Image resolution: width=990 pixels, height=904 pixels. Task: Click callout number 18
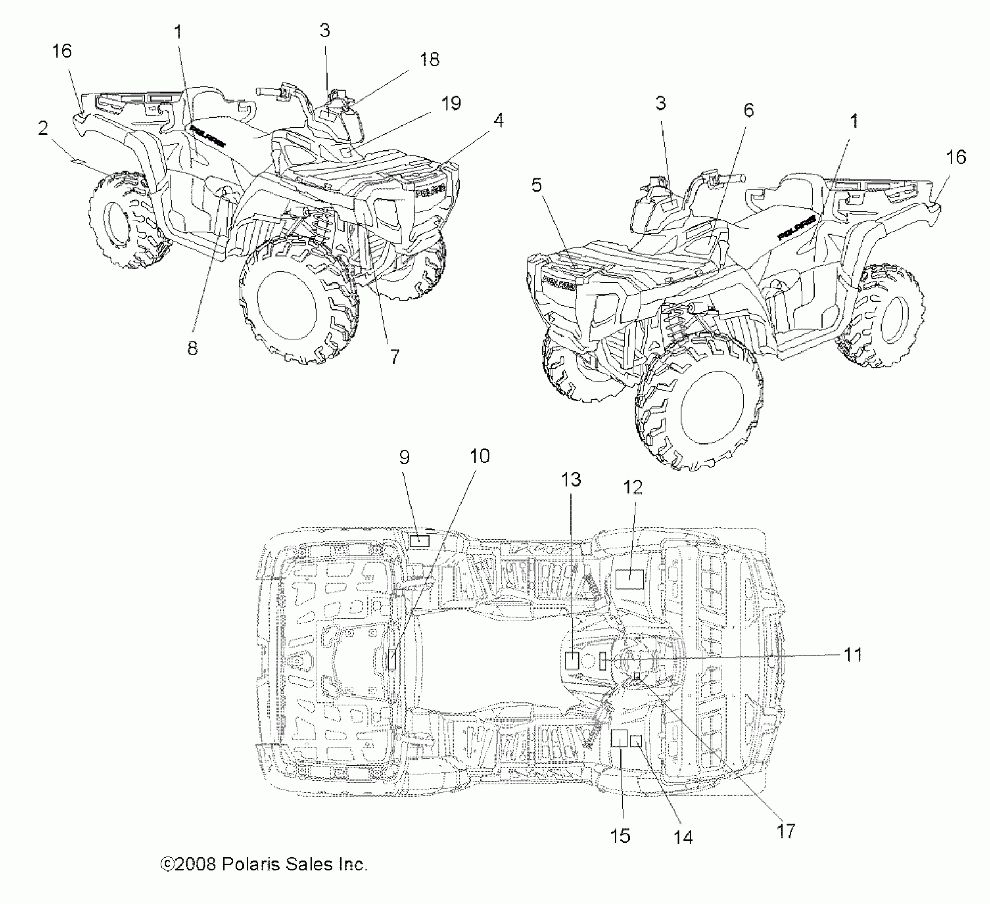(429, 60)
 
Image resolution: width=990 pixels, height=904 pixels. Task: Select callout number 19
(451, 103)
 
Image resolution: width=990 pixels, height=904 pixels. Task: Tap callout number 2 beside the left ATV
(43, 128)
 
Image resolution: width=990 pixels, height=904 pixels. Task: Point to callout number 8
(192, 348)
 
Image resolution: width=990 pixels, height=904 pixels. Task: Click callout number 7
(394, 357)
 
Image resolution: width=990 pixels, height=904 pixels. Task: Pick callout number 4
(498, 121)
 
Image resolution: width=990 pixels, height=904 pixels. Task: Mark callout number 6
(748, 110)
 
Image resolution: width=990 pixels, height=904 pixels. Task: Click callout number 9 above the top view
(405, 457)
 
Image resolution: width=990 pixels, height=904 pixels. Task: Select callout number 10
(479, 456)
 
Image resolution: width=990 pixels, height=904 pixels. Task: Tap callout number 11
(853, 655)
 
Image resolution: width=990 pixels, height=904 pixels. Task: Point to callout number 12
(633, 487)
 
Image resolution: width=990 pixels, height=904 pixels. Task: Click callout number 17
(786, 831)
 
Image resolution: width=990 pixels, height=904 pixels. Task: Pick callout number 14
(683, 838)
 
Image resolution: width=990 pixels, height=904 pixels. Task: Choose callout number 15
(620, 836)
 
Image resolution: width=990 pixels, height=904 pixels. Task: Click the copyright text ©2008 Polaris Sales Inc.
(264, 864)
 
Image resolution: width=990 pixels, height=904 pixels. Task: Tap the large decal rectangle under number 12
(630, 578)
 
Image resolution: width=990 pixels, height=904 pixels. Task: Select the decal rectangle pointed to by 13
(572, 660)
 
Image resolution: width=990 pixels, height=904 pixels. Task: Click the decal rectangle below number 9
(420, 541)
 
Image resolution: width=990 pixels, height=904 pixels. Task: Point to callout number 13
(571, 480)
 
